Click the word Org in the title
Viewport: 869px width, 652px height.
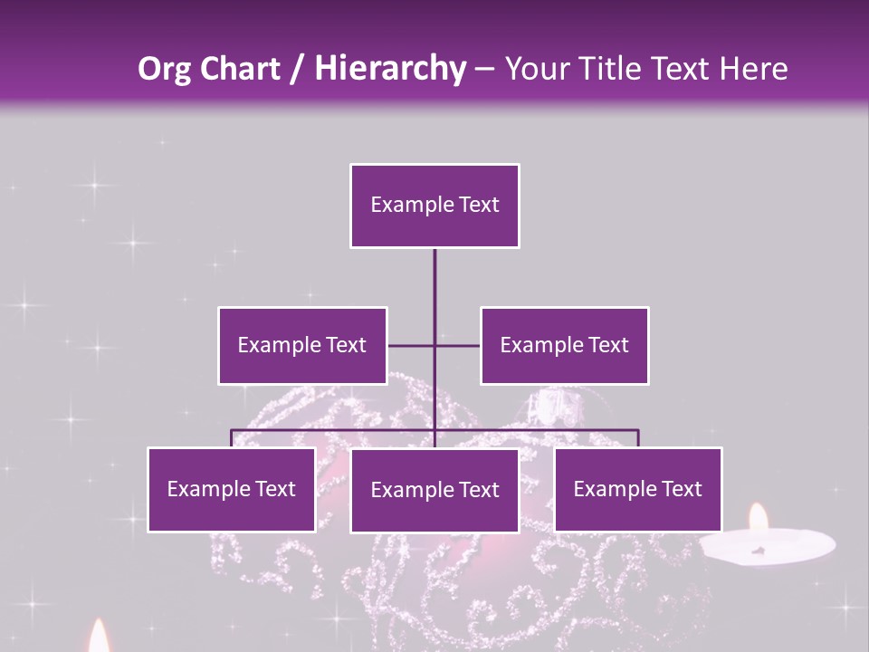(x=165, y=69)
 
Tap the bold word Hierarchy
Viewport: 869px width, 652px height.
(x=389, y=69)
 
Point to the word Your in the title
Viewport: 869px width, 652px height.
(x=532, y=69)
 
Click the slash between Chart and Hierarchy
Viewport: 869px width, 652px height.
(x=296, y=70)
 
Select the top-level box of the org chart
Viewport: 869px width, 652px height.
(x=434, y=206)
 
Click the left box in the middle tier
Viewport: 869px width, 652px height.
(x=302, y=345)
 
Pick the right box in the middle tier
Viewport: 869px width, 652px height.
(x=564, y=345)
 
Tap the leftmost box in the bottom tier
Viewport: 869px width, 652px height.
(x=231, y=489)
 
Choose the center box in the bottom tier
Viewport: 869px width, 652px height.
(x=434, y=490)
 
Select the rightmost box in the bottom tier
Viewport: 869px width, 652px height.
(x=637, y=489)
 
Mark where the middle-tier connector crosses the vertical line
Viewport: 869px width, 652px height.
(x=434, y=345)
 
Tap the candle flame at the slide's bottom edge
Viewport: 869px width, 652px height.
(x=99, y=638)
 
